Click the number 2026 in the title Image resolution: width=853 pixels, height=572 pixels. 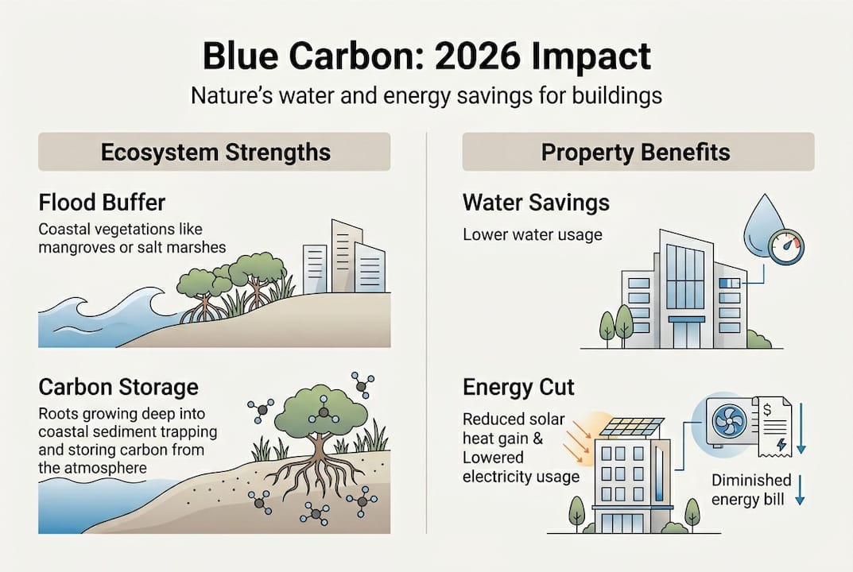click(x=475, y=56)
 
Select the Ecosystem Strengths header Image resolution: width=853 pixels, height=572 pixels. click(x=215, y=152)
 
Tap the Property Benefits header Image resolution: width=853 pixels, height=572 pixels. click(x=635, y=152)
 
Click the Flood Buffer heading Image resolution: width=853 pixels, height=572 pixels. click(x=102, y=203)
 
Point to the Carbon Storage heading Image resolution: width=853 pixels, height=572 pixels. click(x=118, y=387)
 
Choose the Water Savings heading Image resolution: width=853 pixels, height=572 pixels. click(x=536, y=203)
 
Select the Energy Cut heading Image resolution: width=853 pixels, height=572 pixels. click(x=518, y=387)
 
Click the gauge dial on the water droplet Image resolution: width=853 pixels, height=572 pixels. click(x=786, y=247)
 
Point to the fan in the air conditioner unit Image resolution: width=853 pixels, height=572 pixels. click(x=728, y=423)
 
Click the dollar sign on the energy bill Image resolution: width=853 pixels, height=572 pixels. click(x=767, y=409)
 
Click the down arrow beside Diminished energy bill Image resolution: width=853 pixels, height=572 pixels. click(x=800, y=489)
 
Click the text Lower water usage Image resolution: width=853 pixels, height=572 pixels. click(x=533, y=234)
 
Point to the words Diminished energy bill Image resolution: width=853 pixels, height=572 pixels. click(x=750, y=489)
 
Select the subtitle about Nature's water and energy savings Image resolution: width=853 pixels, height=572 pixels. click(x=426, y=95)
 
